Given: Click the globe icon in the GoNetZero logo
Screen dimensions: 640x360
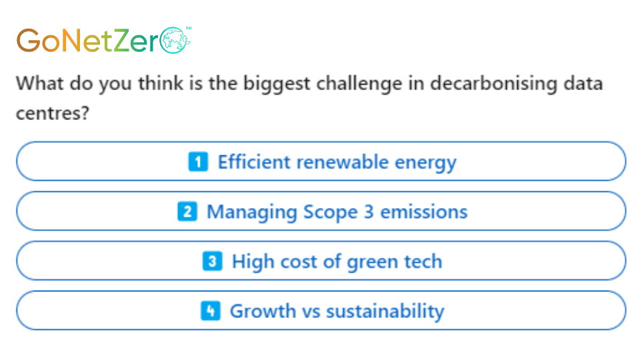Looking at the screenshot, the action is tap(174, 41).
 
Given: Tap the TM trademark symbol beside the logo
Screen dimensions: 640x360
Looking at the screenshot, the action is tap(189, 28).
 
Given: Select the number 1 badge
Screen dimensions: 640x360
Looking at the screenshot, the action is tap(198, 161).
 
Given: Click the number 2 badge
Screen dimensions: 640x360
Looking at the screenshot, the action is tap(187, 211).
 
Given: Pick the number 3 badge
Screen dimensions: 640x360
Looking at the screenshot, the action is tap(212, 261).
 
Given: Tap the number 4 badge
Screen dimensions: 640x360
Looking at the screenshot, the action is tap(211, 311).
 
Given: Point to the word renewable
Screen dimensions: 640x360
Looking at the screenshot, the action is tap(343, 161).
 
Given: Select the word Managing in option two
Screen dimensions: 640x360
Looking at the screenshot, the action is tap(252, 212).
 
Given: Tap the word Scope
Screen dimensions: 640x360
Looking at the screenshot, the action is tap(330, 212).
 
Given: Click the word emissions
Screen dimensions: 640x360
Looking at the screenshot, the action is tap(424, 211).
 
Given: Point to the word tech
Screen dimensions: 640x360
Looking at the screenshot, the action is tap(423, 261).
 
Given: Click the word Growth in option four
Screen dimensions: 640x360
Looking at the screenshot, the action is tap(263, 311).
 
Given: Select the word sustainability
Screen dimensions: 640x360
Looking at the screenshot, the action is tap(385, 312).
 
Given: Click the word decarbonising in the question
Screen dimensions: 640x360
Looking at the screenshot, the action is tap(493, 84).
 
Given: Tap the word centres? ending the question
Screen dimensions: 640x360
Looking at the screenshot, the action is tap(52, 113).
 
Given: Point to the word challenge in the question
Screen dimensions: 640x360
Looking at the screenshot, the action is tap(353, 84).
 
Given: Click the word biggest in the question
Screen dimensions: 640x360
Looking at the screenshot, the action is tap(277, 84).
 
